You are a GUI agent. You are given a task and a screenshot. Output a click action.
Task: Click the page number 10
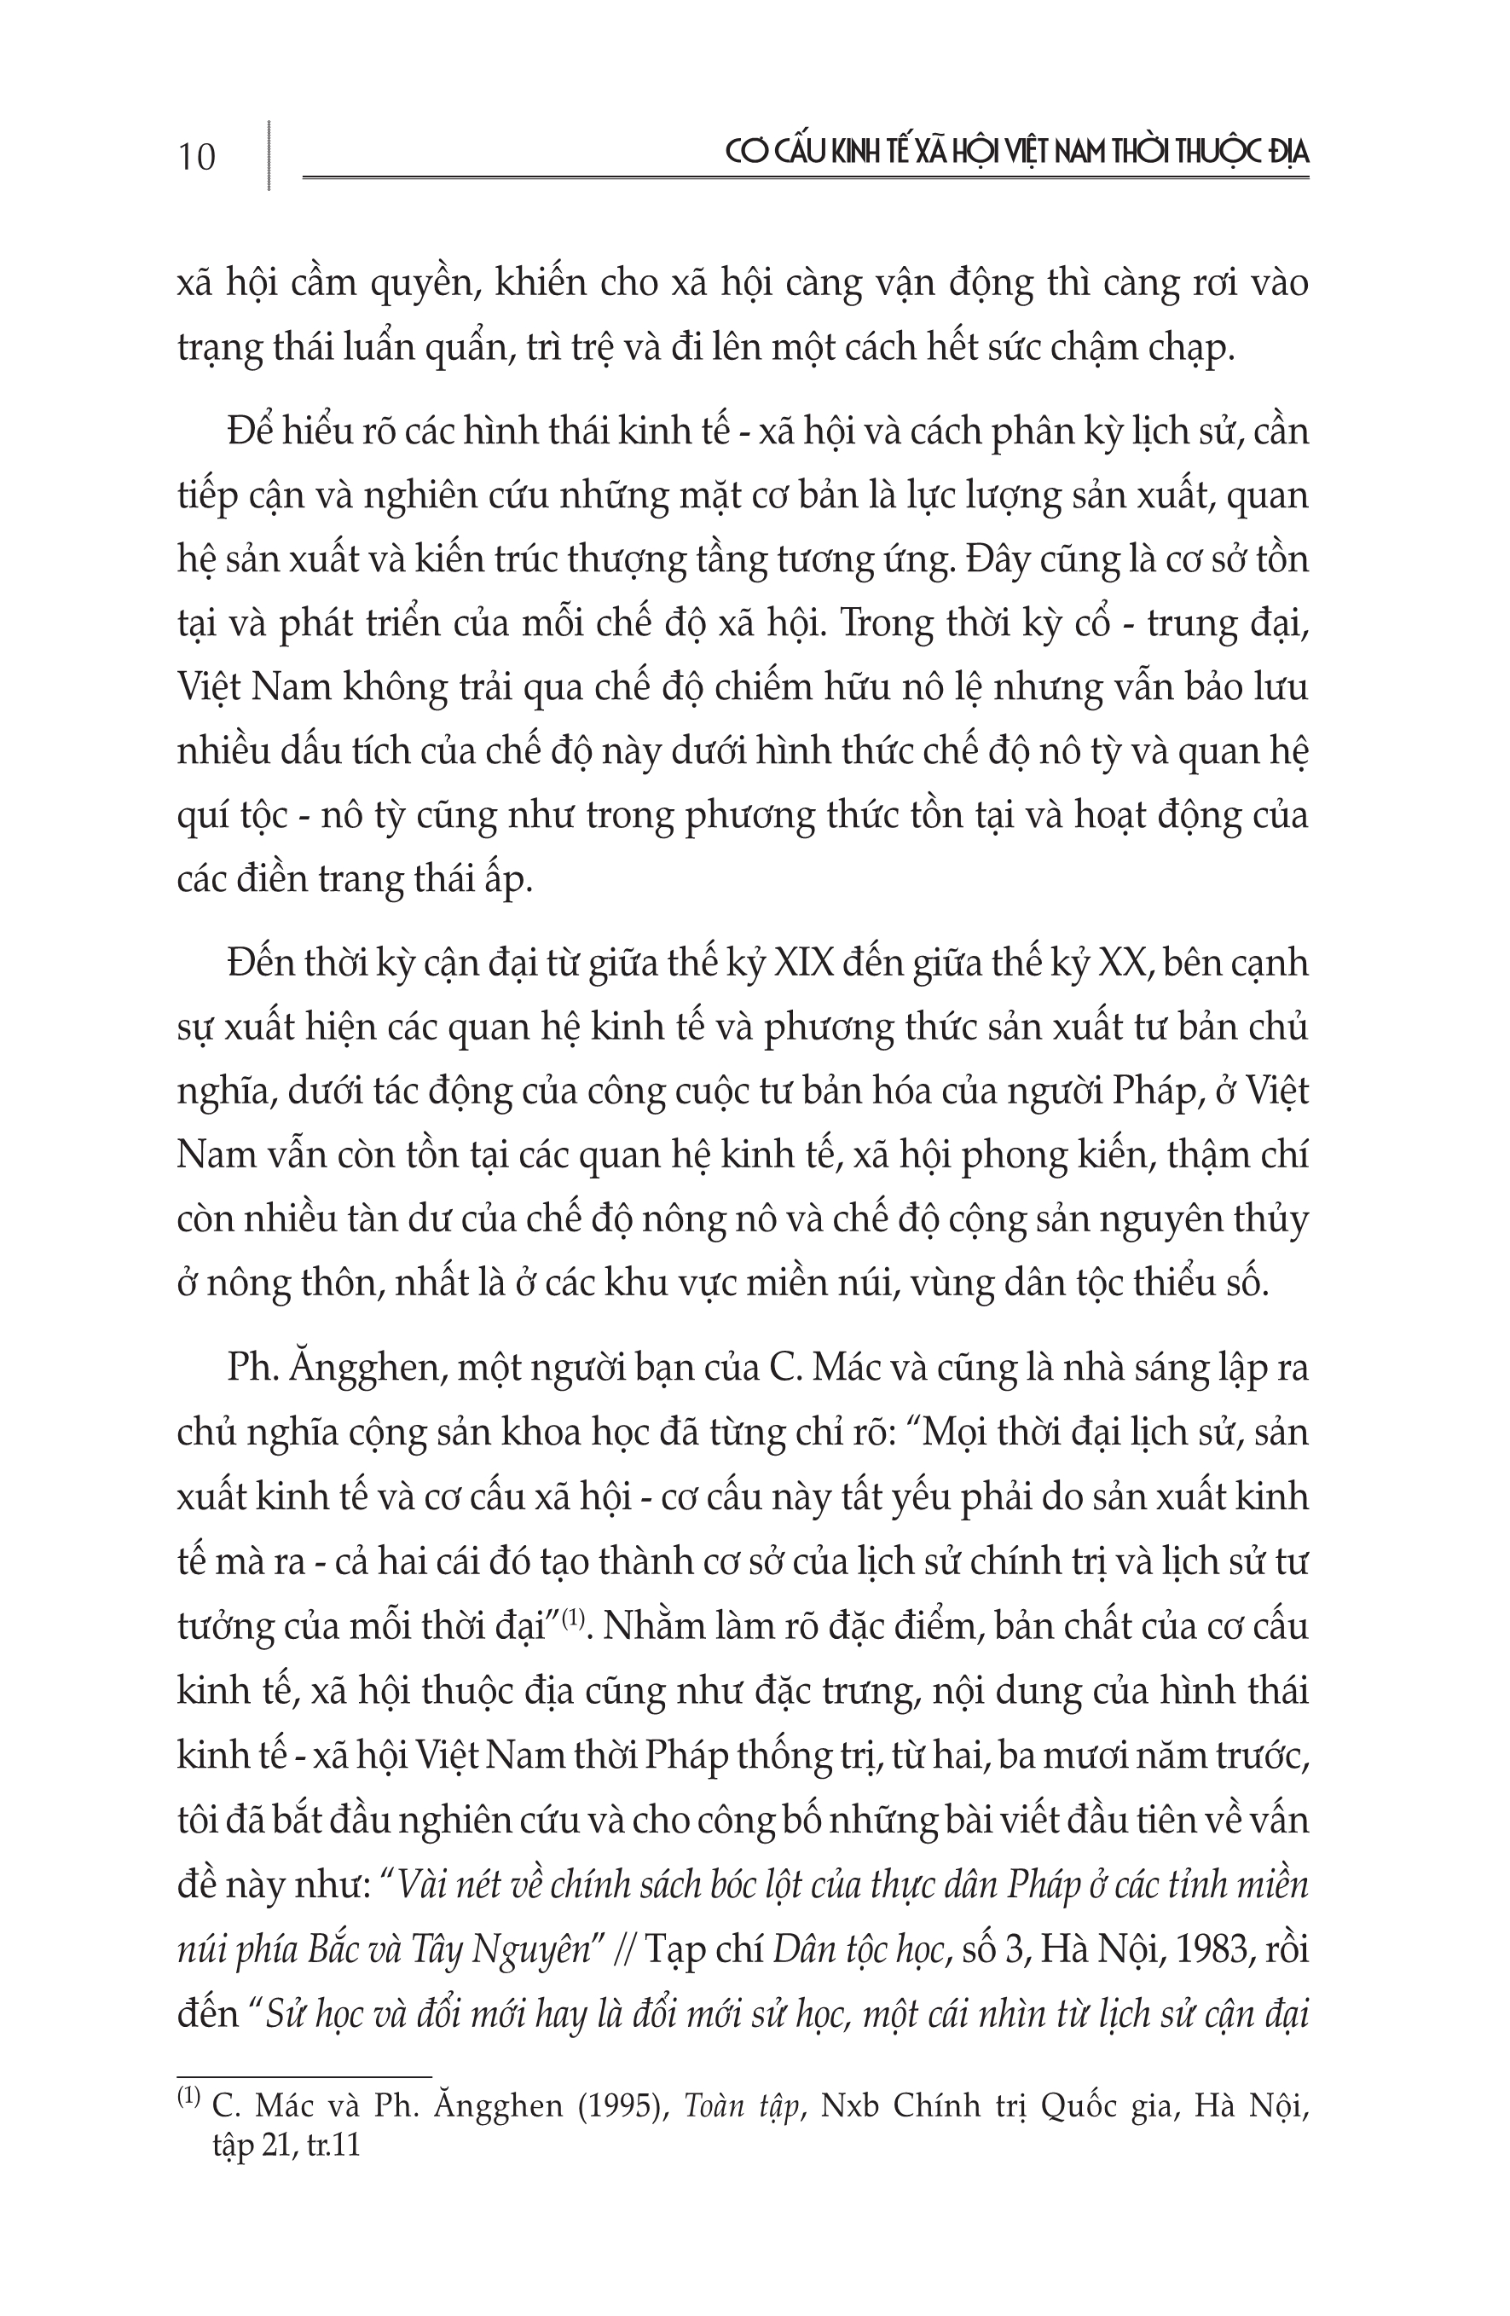(197, 156)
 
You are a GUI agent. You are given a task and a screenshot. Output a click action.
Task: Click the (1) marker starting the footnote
(188, 2099)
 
